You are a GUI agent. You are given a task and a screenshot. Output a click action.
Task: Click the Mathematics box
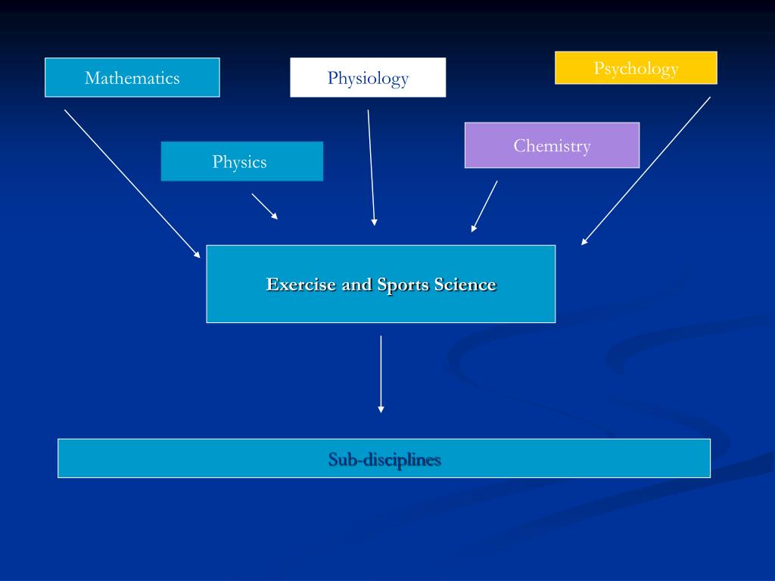(x=132, y=77)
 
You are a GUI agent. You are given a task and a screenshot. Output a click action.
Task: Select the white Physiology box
(x=368, y=77)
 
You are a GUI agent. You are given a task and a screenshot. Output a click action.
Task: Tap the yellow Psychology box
(x=636, y=67)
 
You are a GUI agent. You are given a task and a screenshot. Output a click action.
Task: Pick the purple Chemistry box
(x=552, y=144)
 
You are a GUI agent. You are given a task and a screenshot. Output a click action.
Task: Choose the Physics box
(x=241, y=161)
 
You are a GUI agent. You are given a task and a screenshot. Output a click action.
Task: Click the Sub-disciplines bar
(x=384, y=458)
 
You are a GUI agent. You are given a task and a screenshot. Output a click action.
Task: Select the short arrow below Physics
(x=264, y=206)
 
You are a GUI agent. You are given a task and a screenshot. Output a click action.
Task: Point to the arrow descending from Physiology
(x=371, y=166)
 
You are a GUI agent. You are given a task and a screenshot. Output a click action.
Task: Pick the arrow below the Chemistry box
(x=484, y=206)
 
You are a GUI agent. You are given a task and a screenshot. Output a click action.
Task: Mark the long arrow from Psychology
(x=646, y=171)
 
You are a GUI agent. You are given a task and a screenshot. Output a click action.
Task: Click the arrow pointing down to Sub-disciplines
(x=381, y=374)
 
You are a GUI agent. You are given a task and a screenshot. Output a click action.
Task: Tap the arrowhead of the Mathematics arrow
(x=197, y=255)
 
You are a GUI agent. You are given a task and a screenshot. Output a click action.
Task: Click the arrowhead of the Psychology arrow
(x=584, y=241)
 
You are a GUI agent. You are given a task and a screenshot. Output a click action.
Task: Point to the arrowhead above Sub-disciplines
(x=381, y=409)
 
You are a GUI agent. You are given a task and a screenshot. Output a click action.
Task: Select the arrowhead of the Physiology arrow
(x=374, y=222)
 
